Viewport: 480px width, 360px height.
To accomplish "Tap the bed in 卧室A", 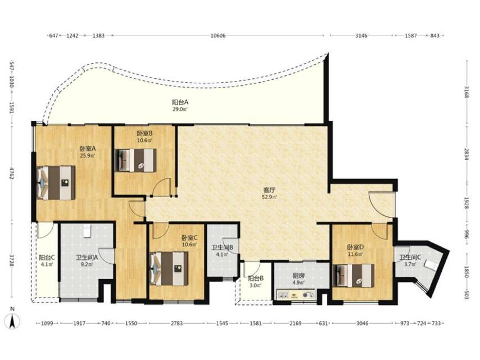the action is pyautogui.click(x=56, y=183).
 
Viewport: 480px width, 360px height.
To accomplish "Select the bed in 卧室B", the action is pyautogui.click(x=135, y=160).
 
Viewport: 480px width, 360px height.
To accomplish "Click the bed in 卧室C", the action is pyautogui.click(x=169, y=269).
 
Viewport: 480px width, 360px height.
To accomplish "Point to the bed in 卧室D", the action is pyautogui.click(x=354, y=276).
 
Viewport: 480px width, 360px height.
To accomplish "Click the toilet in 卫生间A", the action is pyautogui.click(x=88, y=231).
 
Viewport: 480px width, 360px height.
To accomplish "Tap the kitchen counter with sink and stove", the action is pyautogui.click(x=296, y=294).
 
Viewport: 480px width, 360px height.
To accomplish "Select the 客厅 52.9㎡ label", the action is pyautogui.click(x=269, y=193).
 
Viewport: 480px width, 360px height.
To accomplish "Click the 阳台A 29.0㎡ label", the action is pyautogui.click(x=180, y=105).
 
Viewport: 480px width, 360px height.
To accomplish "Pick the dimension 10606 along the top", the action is pyautogui.click(x=218, y=35).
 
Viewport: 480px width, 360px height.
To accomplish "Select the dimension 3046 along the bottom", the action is pyautogui.click(x=363, y=323).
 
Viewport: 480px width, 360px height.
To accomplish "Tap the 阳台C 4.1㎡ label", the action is pyautogui.click(x=47, y=261).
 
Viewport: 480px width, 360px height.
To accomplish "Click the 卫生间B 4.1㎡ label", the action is pyautogui.click(x=222, y=251).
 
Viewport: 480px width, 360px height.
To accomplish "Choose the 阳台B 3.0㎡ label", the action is pyautogui.click(x=256, y=282).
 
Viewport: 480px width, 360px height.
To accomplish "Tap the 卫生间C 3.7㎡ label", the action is pyautogui.click(x=410, y=260).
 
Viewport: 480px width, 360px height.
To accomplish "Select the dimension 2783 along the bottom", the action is pyautogui.click(x=176, y=323).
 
